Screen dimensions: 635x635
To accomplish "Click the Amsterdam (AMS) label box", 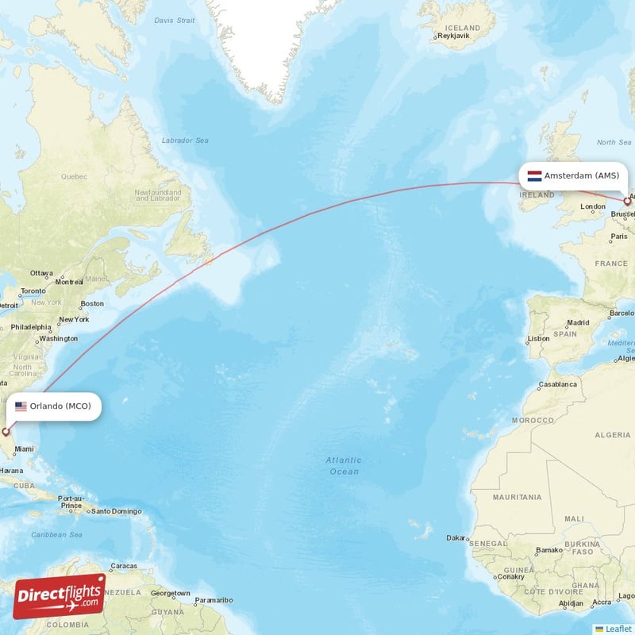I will click(x=573, y=175).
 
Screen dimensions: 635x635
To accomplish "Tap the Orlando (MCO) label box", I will click(x=54, y=406).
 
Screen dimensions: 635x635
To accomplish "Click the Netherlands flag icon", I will click(x=534, y=175).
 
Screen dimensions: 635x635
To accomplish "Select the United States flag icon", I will click(x=21, y=406).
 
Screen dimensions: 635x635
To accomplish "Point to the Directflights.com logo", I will click(x=60, y=596).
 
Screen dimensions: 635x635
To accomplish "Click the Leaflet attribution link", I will click(x=618, y=629).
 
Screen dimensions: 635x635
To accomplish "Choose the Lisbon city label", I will click(x=538, y=338).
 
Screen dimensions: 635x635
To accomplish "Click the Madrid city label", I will click(x=578, y=323).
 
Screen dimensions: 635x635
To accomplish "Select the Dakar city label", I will click(x=456, y=537).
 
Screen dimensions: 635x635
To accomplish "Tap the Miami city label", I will click(x=24, y=449).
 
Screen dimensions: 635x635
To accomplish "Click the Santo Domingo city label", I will click(x=116, y=511).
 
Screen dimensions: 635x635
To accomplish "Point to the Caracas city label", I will click(x=124, y=566).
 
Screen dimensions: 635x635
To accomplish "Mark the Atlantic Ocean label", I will click(x=344, y=466).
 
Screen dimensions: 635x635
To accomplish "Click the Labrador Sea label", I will click(x=185, y=140).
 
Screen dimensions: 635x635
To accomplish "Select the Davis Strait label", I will click(x=174, y=20).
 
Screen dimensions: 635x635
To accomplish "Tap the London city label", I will click(x=593, y=207).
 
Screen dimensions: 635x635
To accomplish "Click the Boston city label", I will click(x=92, y=303).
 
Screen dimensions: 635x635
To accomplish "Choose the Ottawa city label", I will click(x=41, y=273).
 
